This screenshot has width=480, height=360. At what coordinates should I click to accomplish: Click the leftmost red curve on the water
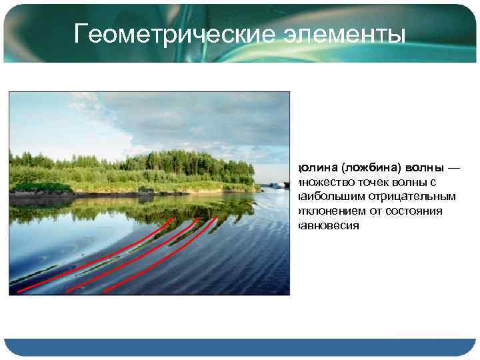(x=100, y=260)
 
